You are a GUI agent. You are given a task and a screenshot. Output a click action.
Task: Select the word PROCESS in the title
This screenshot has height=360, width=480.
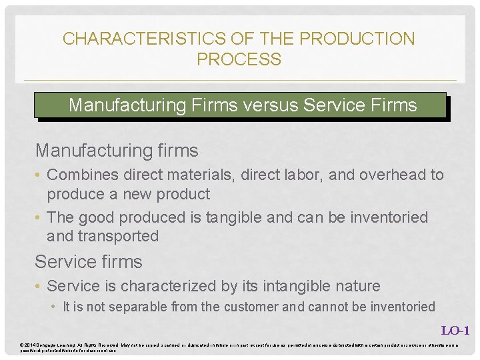(x=239, y=59)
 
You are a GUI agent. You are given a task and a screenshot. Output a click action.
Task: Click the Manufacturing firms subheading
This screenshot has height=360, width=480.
(x=117, y=151)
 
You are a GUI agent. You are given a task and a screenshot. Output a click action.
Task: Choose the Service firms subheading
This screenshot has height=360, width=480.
(x=89, y=262)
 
